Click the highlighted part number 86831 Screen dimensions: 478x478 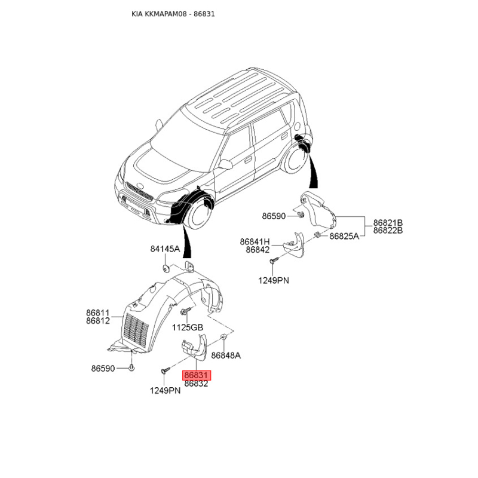(x=197, y=375)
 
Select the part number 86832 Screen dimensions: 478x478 (x=197, y=384)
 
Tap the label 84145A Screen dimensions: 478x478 (x=166, y=249)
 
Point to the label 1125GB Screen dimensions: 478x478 (x=188, y=327)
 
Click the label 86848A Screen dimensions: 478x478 (x=226, y=356)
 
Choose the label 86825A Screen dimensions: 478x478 (x=344, y=236)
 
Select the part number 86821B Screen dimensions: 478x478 (x=388, y=222)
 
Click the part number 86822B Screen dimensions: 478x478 (x=388, y=230)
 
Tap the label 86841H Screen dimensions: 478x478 (x=255, y=242)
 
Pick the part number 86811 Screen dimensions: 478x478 (x=98, y=312)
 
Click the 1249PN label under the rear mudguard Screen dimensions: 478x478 (x=274, y=280)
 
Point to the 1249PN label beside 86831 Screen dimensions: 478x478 (x=166, y=391)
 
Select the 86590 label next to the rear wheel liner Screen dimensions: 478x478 (x=274, y=216)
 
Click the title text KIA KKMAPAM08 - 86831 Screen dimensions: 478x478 (x=173, y=14)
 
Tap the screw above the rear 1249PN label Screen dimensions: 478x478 (x=274, y=261)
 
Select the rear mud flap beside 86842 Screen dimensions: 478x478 (x=294, y=245)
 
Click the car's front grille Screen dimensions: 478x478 (x=140, y=192)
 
